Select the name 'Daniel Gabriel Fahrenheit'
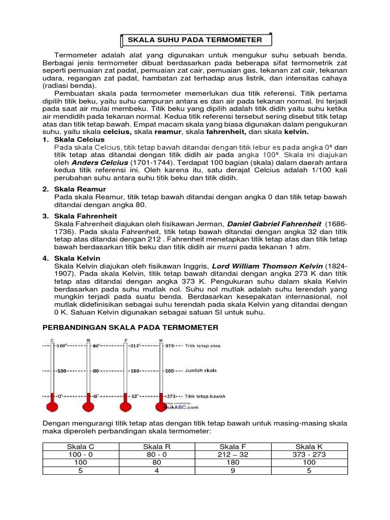(274, 223)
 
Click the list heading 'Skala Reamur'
(80, 189)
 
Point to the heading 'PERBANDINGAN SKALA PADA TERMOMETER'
(131, 328)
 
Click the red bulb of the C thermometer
(52, 406)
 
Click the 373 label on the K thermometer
(170, 345)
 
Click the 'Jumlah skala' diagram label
(201, 371)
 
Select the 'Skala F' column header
(234, 446)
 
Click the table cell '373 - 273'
(310, 454)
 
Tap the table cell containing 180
(234, 463)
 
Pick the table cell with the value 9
(234, 471)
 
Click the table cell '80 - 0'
(157, 454)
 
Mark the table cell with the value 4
(157, 471)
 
